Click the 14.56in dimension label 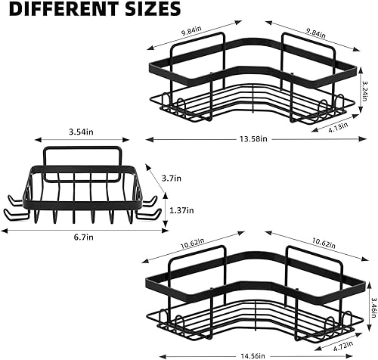click(254, 354)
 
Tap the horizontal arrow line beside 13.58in click(189, 139)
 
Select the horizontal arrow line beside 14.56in click(189, 354)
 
